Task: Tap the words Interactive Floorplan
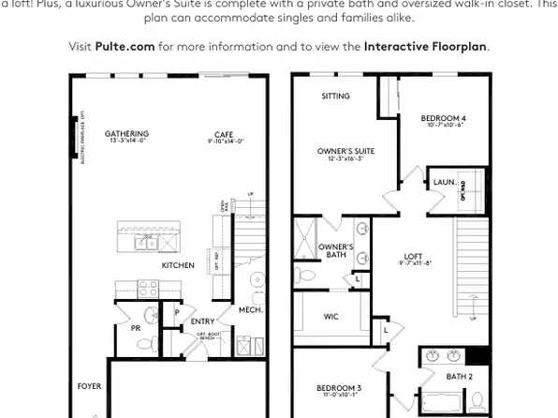pos(426,46)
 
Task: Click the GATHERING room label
pos(126,134)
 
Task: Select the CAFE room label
pos(225,134)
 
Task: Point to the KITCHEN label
pos(178,265)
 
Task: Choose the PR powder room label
pos(135,328)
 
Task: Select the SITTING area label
pos(335,96)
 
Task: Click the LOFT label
pos(413,256)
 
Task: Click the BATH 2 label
pos(458,376)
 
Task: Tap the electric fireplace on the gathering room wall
pos(75,137)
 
